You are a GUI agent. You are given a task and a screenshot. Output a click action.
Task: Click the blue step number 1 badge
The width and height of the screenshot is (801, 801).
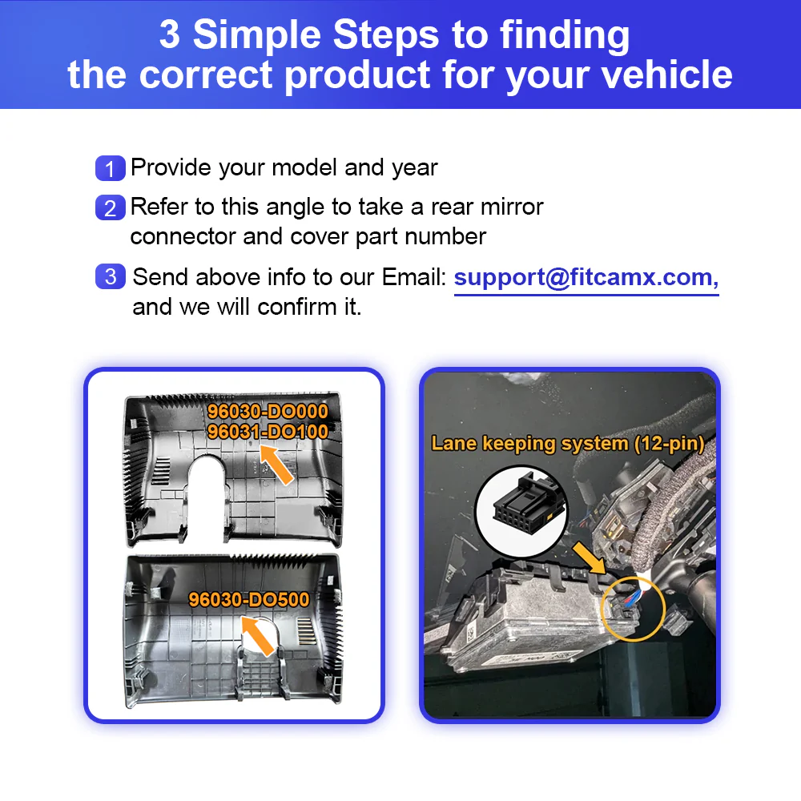tap(111, 168)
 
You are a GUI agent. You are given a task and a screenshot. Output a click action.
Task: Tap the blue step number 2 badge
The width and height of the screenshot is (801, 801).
tap(111, 207)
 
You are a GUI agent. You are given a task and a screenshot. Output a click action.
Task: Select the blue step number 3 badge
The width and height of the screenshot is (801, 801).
tap(111, 276)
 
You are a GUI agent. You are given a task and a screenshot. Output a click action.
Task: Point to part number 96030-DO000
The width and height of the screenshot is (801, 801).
tap(268, 411)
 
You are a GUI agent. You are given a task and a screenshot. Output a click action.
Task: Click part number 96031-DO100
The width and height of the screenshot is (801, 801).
tap(268, 432)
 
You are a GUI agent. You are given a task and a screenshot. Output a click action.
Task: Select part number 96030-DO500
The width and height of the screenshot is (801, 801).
tap(249, 599)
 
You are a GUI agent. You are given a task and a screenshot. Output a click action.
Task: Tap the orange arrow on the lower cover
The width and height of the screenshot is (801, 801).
tap(257, 635)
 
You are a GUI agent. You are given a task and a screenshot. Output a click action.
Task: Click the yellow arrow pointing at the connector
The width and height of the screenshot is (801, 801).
tap(589, 558)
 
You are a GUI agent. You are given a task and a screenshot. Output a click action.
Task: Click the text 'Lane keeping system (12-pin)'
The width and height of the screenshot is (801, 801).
tap(568, 444)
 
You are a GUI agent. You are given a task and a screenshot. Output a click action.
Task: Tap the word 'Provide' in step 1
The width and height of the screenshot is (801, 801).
tap(171, 167)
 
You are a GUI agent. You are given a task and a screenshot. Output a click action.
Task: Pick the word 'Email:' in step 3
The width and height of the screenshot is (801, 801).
tap(414, 277)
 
